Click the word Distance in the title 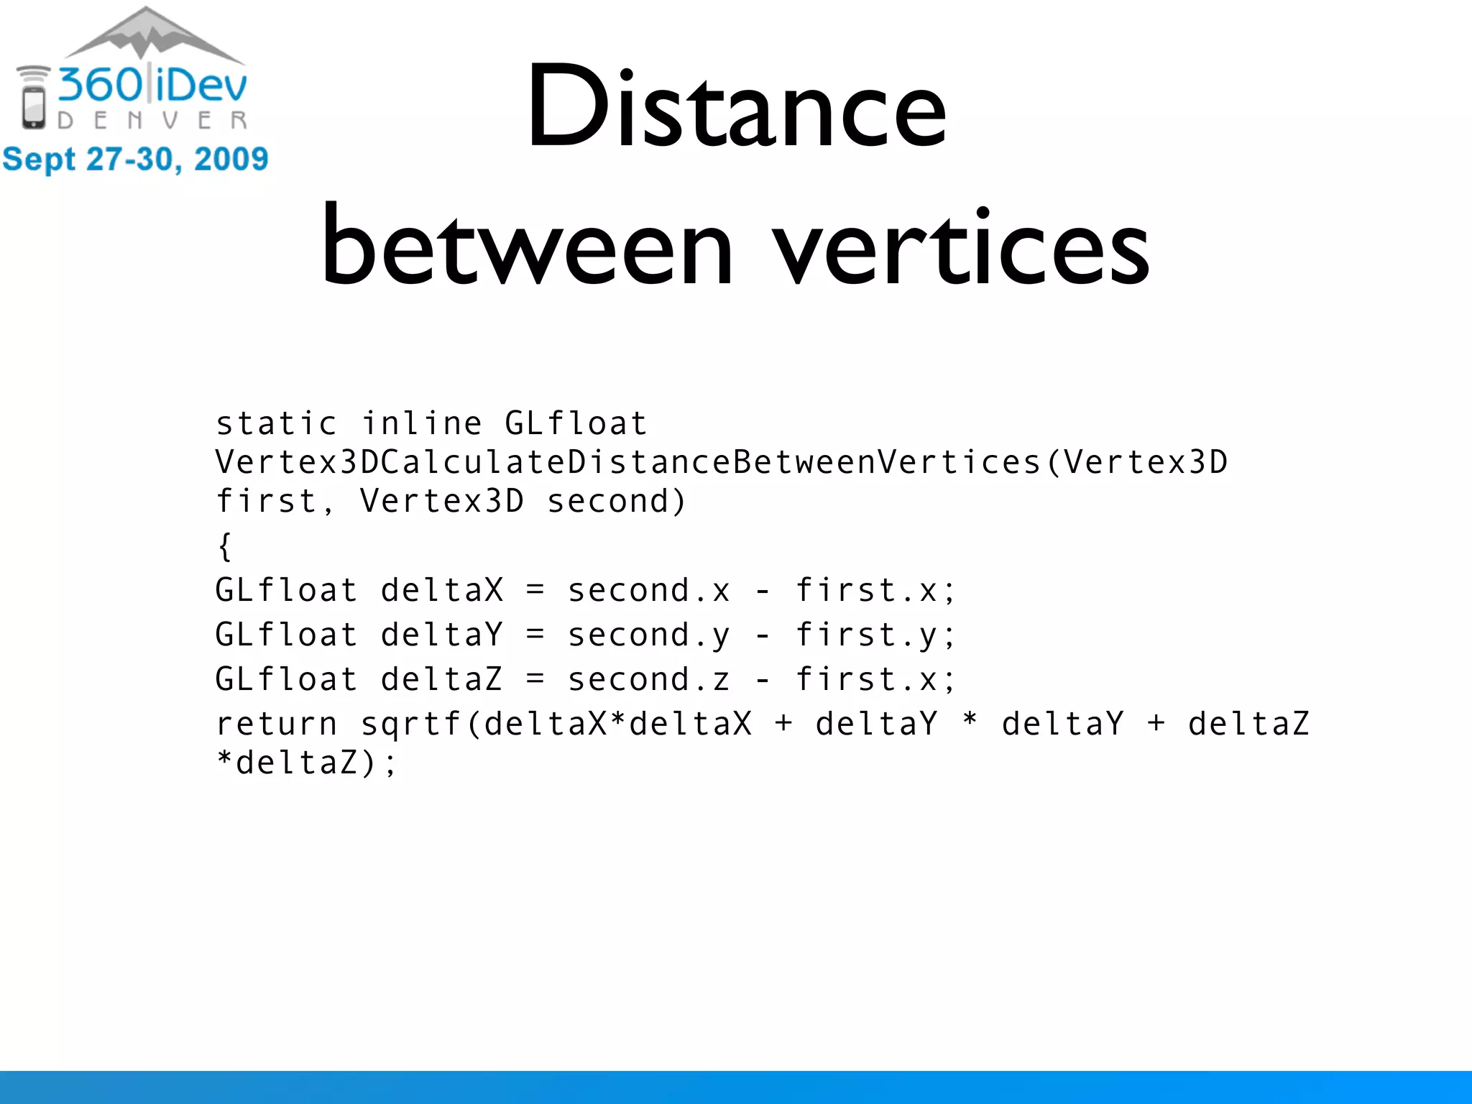tap(736, 108)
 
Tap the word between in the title tap(527, 248)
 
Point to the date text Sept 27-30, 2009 tap(135, 159)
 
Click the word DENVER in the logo tap(152, 121)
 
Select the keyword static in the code tap(276, 423)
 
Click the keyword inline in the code tap(421, 423)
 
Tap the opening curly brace tap(225, 546)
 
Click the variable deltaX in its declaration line tap(441, 591)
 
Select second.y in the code tap(648, 635)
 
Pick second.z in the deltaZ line tap(648, 680)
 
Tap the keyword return tap(276, 724)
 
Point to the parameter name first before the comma tap(266, 502)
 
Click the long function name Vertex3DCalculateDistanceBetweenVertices tap(628, 462)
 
